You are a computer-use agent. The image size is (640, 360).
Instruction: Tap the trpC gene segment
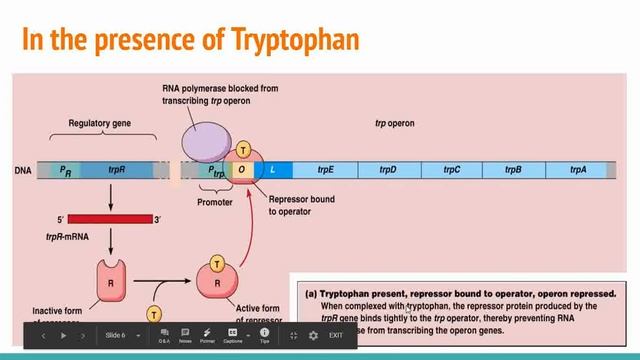tap(451, 170)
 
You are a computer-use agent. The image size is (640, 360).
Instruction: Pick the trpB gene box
tap(514, 170)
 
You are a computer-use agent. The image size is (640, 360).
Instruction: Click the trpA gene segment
tap(578, 170)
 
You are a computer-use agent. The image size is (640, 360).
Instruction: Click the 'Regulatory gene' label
tap(99, 124)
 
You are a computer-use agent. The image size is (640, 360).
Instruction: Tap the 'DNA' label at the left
tap(23, 171)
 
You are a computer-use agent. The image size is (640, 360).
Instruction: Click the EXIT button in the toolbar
tap(335, 335)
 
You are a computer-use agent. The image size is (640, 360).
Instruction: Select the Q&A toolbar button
tap(163, 335)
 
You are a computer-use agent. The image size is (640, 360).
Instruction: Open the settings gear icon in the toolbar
tap(313, 335)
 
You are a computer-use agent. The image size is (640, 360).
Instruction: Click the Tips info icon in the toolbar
tap(264, 335)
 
